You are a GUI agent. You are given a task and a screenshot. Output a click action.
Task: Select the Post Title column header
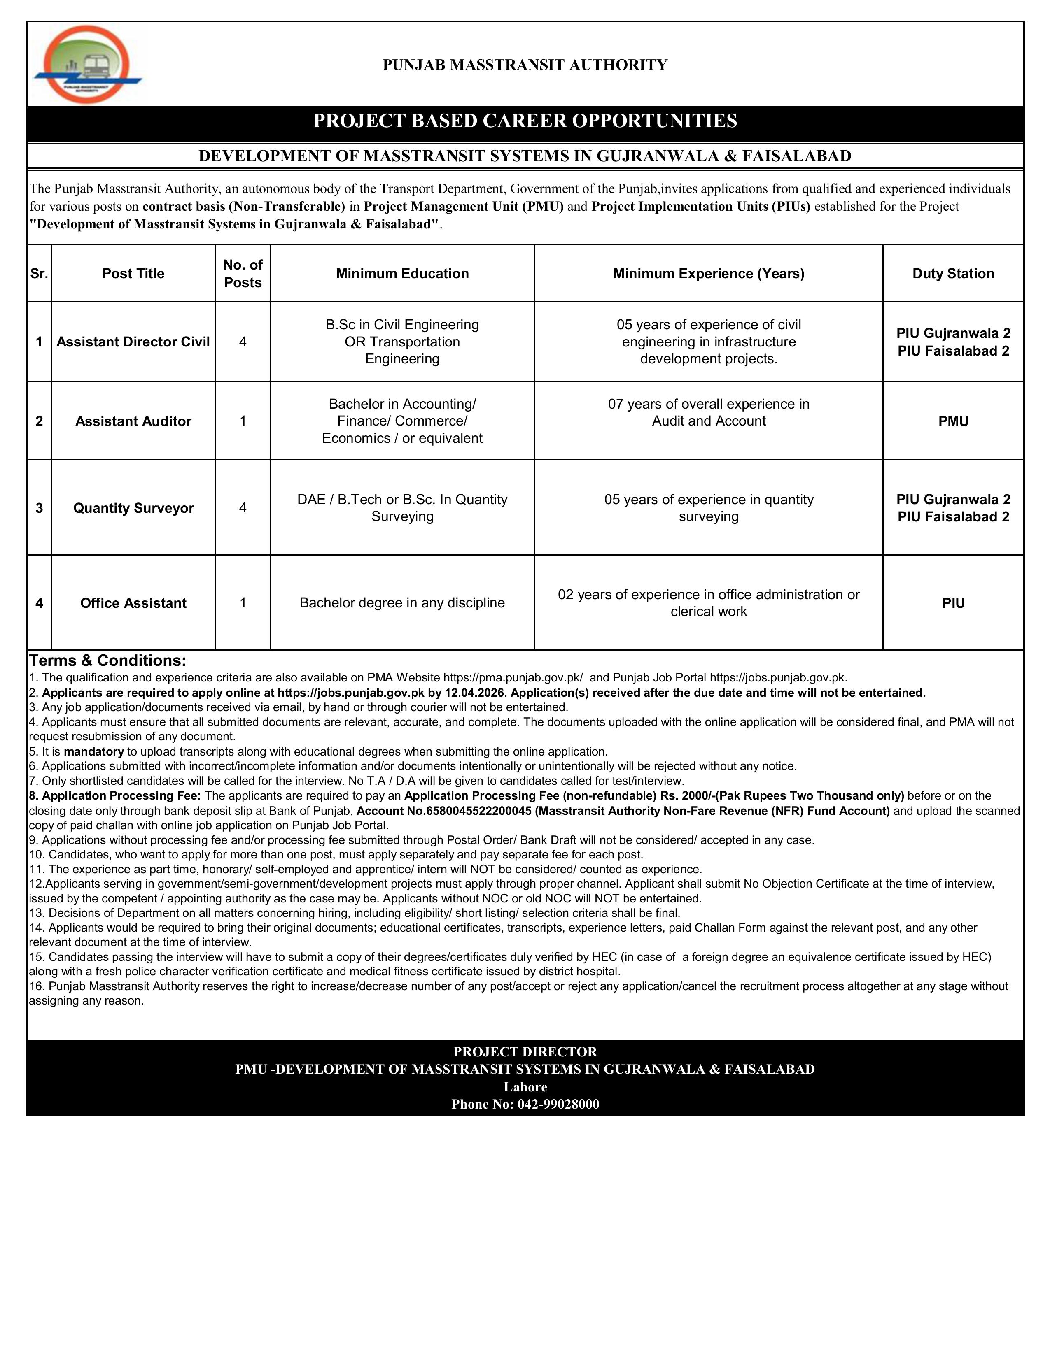[x=133, y=274]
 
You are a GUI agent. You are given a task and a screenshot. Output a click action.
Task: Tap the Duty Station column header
[x=953, y=274]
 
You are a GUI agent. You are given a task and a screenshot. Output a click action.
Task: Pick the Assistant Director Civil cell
[x=133, y=342]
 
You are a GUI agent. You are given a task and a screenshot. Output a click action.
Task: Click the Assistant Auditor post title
[x=133, y=421]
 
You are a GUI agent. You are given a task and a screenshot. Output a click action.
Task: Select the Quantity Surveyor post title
[x=133, y=508]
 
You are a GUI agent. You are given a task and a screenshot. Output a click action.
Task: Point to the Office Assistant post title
[x=133, y=603]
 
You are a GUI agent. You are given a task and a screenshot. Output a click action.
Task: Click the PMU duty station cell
[x=953, y=421]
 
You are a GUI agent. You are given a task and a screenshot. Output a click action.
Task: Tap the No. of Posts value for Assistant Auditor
[x=243, y=421]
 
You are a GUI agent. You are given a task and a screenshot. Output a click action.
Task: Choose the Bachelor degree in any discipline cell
[x=402, y=603]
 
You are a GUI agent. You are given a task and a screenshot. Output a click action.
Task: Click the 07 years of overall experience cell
[x=709, y=412]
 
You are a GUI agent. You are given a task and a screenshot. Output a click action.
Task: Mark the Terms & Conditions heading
[x=107, y=660]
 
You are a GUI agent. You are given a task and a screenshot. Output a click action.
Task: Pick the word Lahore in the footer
[x=525, y=1087]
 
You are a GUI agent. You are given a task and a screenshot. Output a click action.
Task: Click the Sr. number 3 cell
[x=39, y=508]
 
